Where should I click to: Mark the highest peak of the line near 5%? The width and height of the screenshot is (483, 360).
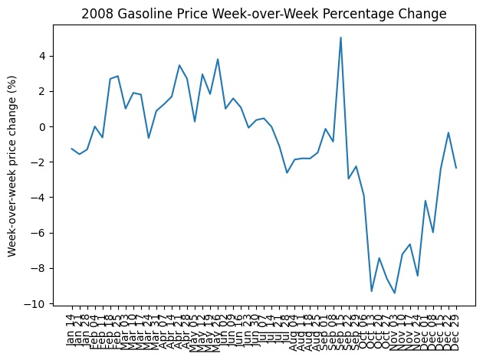tap(340, 38)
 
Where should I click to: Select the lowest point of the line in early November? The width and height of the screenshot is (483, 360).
tap(395, 293)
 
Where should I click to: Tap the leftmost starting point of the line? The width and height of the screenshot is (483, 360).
tap(71, 149)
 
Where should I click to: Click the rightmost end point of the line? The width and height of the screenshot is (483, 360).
tap(456, 168)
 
